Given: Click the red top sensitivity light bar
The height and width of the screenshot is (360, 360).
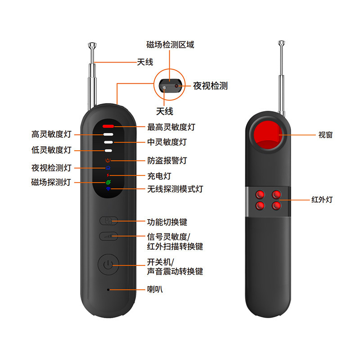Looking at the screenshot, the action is [x=108, y=126].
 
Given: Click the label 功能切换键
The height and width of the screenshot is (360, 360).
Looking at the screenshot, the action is [x=167, y=222].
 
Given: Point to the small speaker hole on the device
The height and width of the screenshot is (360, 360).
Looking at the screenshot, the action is [x=108, y=289].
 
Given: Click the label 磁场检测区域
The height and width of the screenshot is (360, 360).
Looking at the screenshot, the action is [x=170, y=45].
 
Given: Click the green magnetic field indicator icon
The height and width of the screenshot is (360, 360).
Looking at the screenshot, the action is [x=108, y=182].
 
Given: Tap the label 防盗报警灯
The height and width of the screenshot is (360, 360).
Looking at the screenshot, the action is [x=167, y=160].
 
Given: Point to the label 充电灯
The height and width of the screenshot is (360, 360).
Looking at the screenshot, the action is [x=159, y=175].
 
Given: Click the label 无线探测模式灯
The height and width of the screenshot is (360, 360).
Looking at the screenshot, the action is [x=175, y=189].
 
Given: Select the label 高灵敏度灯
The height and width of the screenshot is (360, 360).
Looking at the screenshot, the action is [x=51, y=134].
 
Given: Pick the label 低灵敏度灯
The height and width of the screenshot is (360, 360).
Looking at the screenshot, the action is [x=51, y=150].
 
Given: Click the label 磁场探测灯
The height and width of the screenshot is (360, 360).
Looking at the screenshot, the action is [x=51, y=182].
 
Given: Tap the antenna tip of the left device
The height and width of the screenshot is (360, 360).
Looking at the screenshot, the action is [x=92, y=45].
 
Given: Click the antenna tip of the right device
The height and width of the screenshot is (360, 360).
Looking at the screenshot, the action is [x=282, y=44].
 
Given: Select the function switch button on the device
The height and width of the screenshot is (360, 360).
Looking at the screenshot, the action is [x=108, y=221].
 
